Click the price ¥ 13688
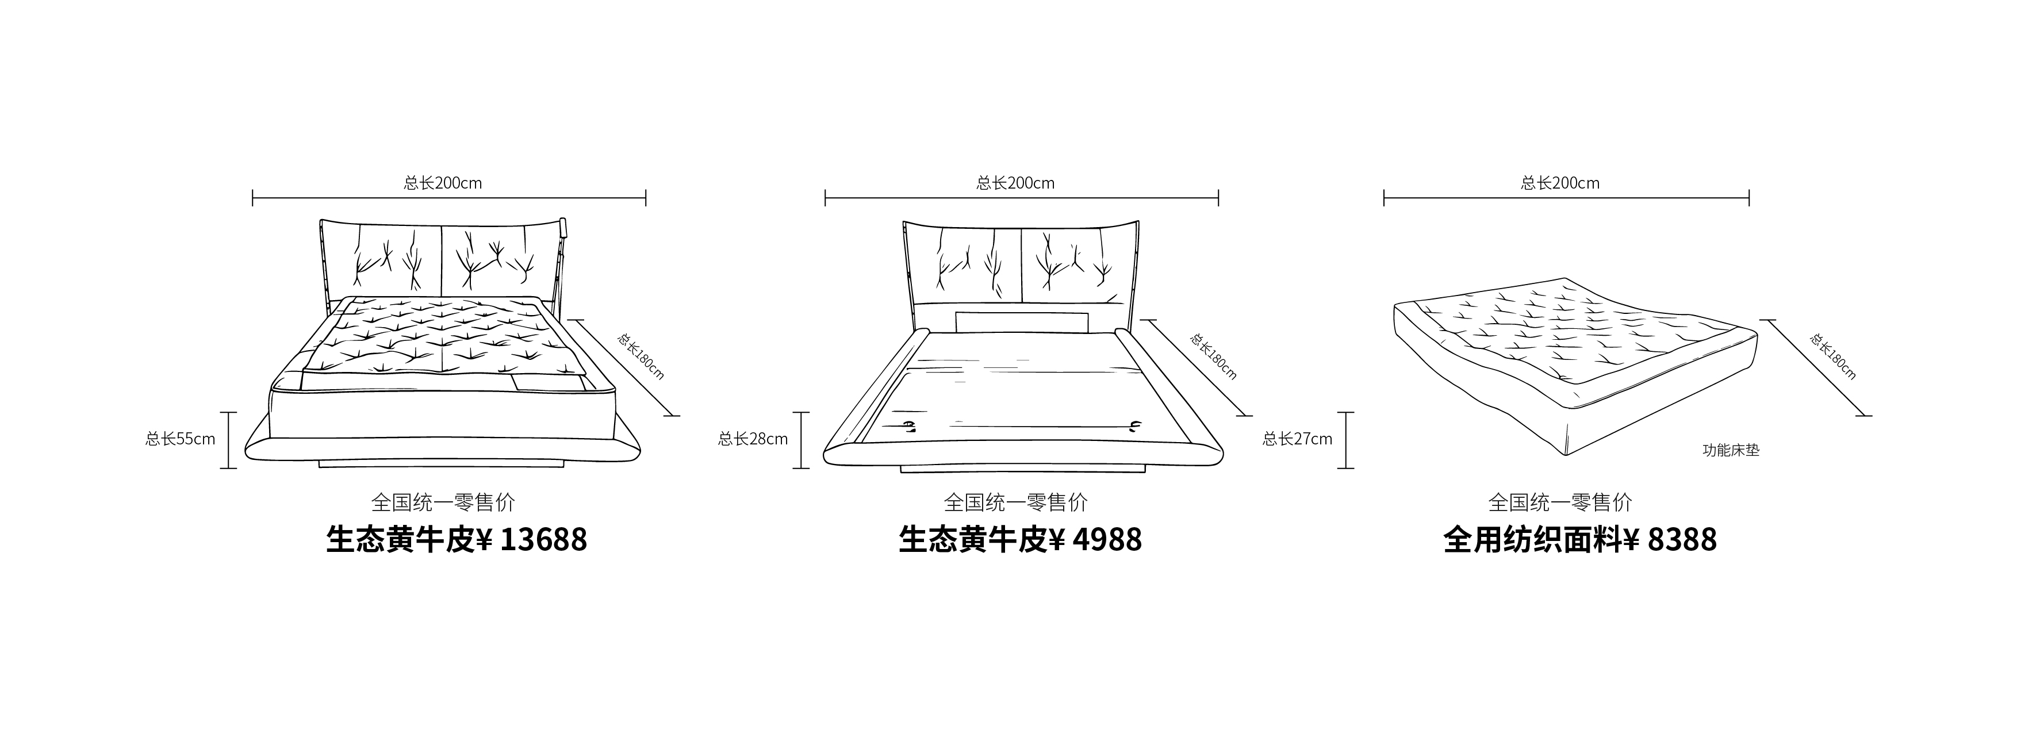click(532, 540)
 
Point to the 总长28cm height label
click(753, 439)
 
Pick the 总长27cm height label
click(1298, 439)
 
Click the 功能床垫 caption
click(1731, 451)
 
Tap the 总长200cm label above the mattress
click(1560, 183)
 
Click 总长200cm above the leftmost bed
click(443, 183)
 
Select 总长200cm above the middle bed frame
click(1015, 183)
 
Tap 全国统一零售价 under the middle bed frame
click(1015, 502)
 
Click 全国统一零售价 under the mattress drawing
click(1560, 502)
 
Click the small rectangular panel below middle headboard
click(1023, 321)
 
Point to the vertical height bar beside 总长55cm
click(228, 440)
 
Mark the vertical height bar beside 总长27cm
click(1345, 440)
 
